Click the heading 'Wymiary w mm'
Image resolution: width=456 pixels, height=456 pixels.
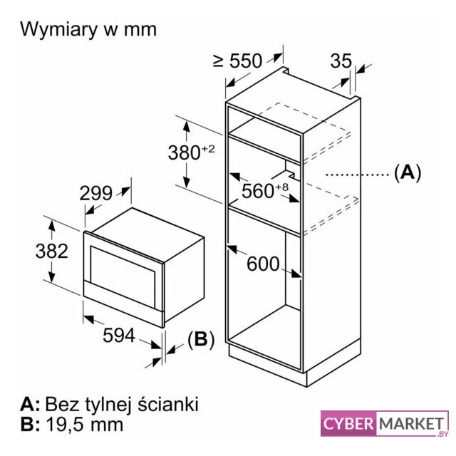pos(88,29)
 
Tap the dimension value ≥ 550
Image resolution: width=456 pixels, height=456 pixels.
pos(238,61)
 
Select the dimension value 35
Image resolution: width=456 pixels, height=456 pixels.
pos(341,61)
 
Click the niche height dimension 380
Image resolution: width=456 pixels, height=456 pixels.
pos(187,152)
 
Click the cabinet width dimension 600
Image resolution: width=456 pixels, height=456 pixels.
pos(263,263)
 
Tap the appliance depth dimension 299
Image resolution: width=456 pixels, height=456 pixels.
pos(96,192)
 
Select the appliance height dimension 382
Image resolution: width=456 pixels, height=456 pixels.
pos(52,251)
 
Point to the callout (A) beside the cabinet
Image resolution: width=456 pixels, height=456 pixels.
pos(407,172)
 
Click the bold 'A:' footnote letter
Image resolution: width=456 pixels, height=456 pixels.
pos(31,405)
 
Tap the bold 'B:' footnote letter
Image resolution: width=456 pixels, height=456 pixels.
pos(31,425)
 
